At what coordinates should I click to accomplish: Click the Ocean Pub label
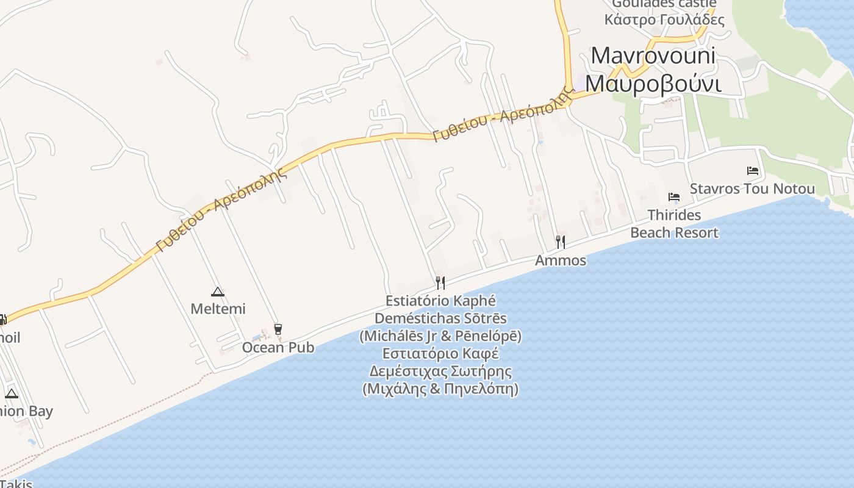(278, 347)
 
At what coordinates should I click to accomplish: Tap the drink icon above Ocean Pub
(278, 329)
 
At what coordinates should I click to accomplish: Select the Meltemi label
(218, 309)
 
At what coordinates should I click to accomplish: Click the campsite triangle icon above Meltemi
(217, 292)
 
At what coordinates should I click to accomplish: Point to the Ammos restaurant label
(561, 260)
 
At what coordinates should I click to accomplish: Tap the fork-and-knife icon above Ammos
(561, 242)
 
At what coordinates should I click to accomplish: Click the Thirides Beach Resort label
(674, 224)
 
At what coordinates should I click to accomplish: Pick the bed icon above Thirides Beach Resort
(674, 197)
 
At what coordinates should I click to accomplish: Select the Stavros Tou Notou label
(752, 188)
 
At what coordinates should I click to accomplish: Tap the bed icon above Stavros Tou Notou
(753, 171)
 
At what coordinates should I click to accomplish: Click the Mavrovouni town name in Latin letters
(653, 56)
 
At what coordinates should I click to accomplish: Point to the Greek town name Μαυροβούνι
(653, 83)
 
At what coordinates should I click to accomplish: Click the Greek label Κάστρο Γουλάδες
(664, 20)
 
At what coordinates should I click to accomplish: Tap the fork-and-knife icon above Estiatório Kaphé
(440, 282)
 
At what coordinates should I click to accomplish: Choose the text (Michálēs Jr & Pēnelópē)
(440, 336)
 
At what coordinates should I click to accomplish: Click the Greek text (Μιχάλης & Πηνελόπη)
(440, 389)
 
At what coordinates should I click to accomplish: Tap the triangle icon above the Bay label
(12, 393)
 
